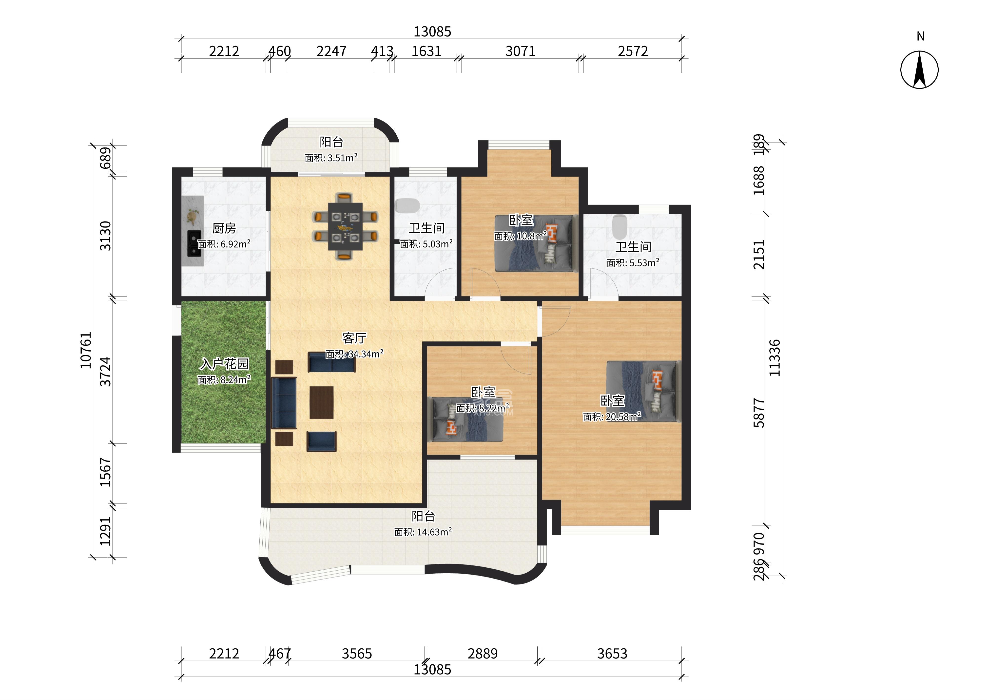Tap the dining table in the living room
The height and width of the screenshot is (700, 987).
point(345,226)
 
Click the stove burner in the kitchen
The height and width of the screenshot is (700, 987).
point(194,243)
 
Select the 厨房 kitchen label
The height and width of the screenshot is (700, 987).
point(224,228)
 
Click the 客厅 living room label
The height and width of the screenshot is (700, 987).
point(354,338)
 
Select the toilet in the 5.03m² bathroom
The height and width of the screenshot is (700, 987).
point(407,206)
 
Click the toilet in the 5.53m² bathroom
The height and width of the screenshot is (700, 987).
point(619,227)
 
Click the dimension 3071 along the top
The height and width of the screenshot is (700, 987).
point(521,51)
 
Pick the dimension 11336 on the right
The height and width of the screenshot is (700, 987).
point(774,358)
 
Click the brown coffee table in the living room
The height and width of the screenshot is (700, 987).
point(321,402)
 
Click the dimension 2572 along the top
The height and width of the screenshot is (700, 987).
point(633,51)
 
